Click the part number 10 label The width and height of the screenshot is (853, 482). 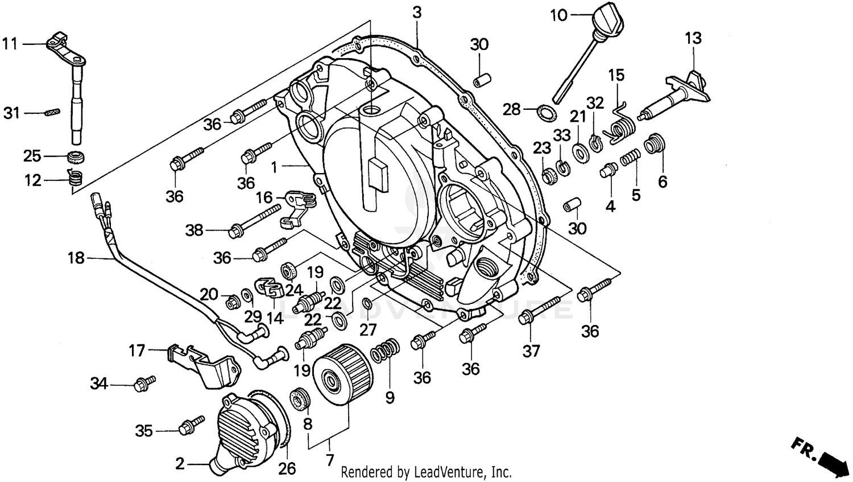[x=558, y=15]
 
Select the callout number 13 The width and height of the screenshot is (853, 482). [x=693, y=38]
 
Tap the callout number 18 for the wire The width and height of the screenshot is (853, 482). [x=75, y=258]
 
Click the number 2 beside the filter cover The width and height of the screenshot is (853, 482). [x=180, y=464]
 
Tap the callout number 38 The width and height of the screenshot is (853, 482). [x=194, y=230]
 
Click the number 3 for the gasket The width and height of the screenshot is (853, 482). [x=417, y=13]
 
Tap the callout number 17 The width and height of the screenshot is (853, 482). [x=136, y=351]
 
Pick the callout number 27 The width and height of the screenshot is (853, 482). [x=368, y=330]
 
